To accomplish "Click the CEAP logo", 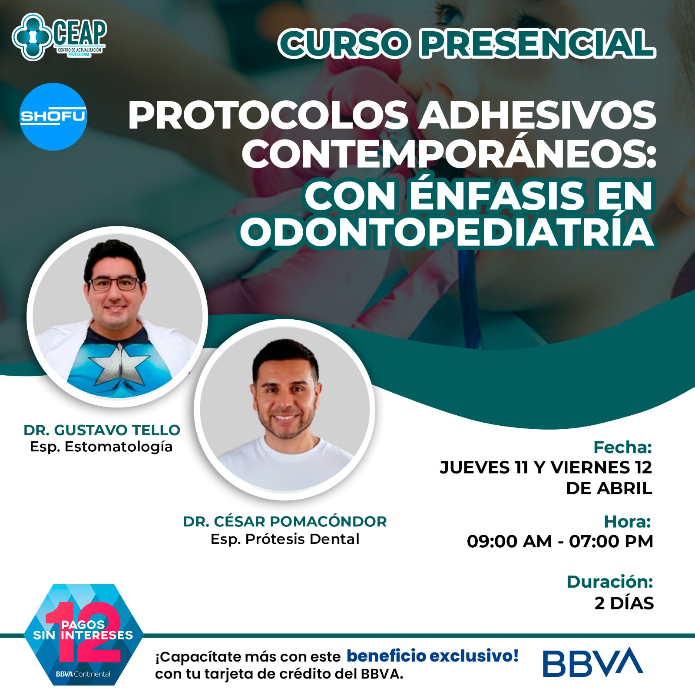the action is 60,36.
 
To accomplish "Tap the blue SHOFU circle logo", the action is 53,116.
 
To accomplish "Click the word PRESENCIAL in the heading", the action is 538,44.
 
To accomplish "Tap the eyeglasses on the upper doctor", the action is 115,284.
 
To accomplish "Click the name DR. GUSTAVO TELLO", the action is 102,430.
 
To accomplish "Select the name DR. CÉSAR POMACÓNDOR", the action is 285,521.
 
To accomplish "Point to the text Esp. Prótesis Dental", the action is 285,539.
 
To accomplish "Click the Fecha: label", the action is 622,447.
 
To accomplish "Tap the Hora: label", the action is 627,522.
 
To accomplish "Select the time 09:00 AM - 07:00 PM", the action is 560,542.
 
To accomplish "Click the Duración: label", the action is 610,582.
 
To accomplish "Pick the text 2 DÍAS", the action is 624,603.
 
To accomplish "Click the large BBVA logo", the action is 593,662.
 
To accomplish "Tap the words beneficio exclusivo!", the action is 433,656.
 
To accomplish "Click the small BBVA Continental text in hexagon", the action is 83,674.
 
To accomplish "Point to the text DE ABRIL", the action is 609,488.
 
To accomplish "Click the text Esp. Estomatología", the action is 101,447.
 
